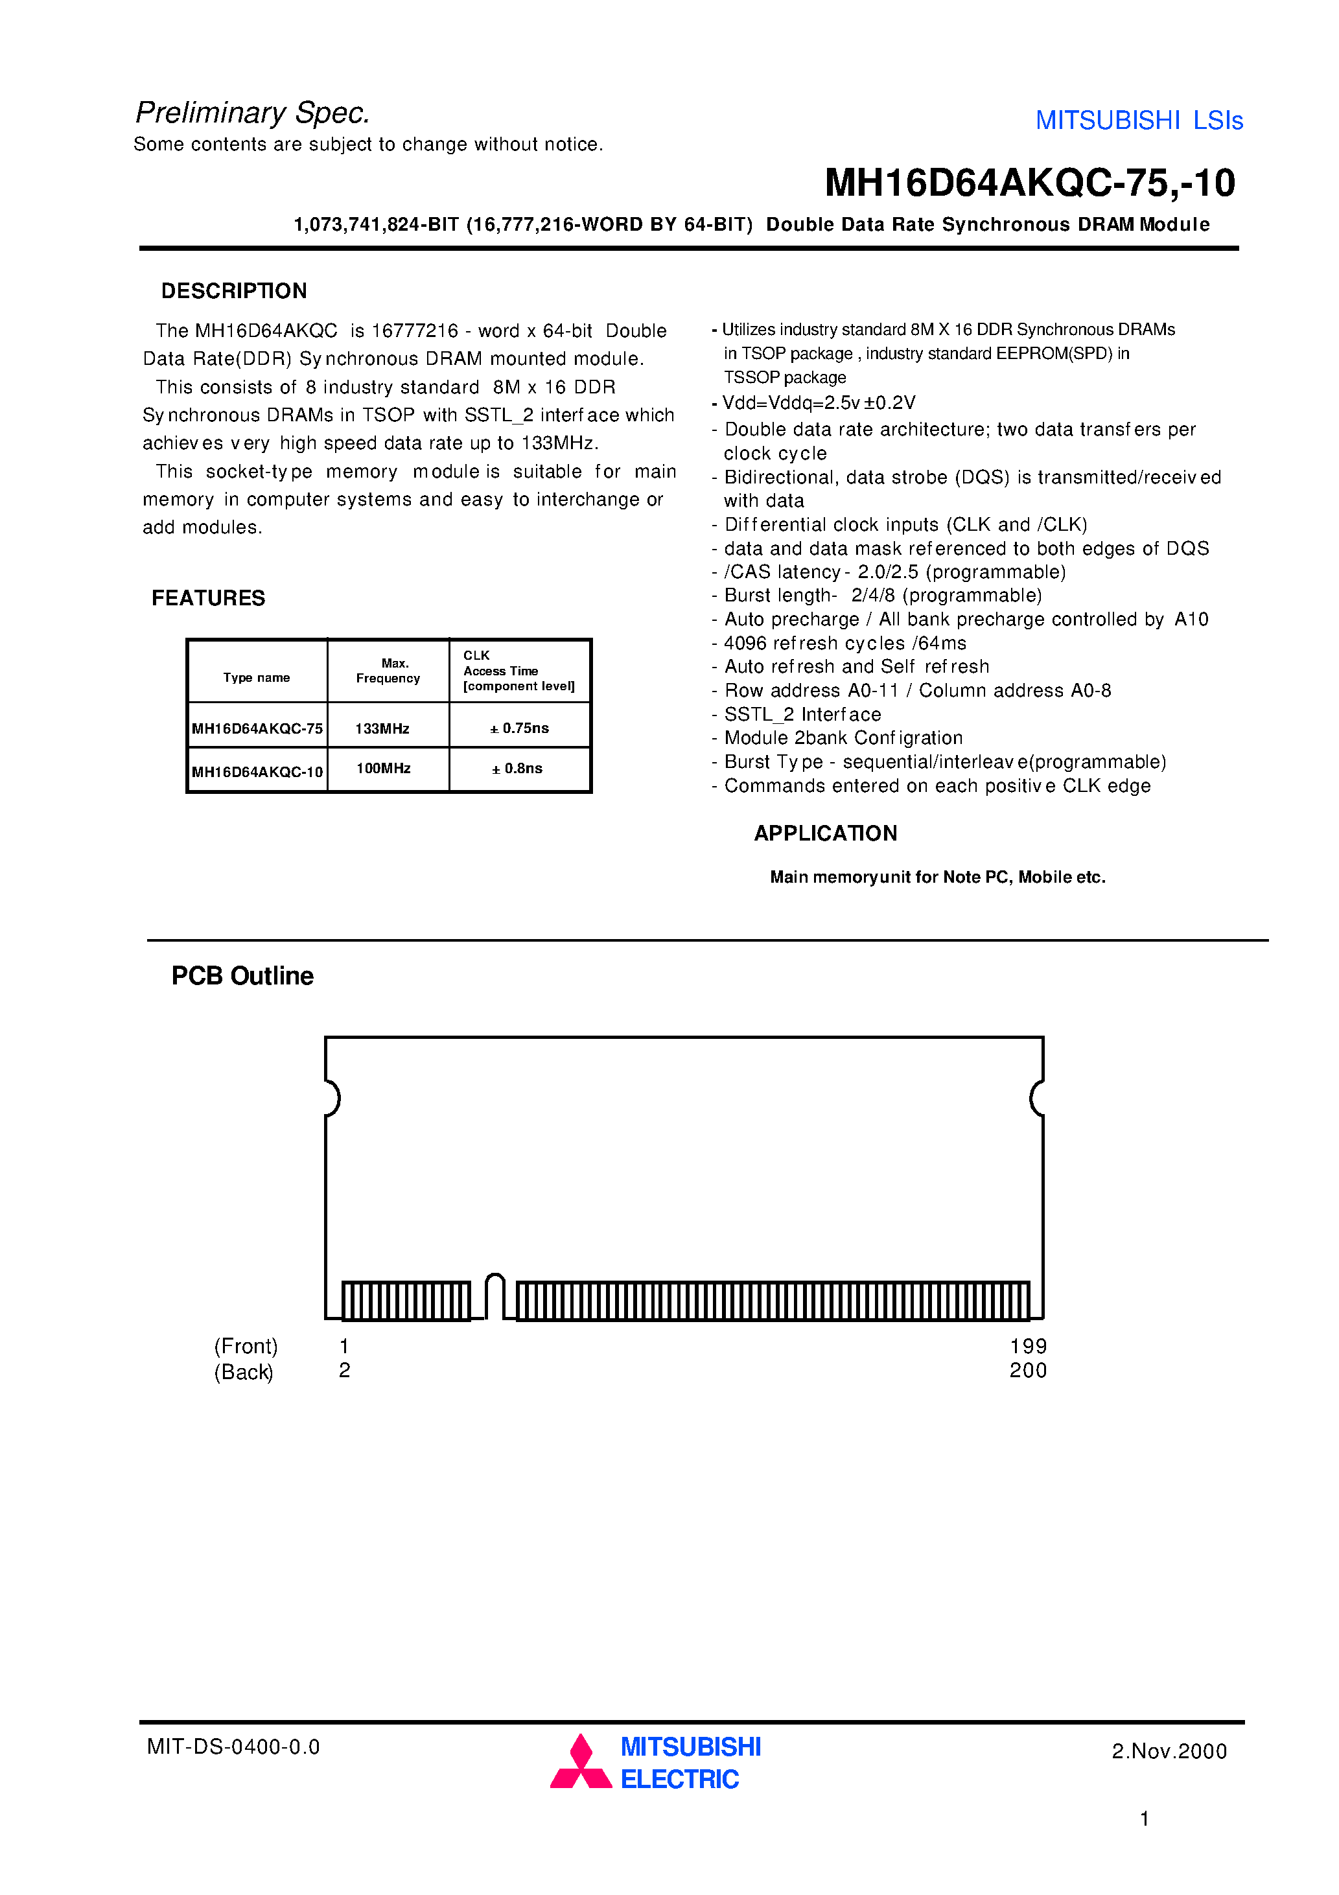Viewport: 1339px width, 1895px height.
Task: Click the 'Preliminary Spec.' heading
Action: coord(253,113)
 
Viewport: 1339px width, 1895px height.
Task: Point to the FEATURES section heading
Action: coord(208,598)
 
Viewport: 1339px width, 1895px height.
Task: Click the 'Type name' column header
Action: coord(256,678)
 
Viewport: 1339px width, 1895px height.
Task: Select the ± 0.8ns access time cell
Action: coord(518,769)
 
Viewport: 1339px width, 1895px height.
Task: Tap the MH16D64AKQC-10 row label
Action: coord(257,772)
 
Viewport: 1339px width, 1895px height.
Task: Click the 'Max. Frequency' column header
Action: coord(388,671)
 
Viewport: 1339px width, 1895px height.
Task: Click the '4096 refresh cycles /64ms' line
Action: coord(844,643)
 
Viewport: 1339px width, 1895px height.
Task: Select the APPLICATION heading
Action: coord(824,833)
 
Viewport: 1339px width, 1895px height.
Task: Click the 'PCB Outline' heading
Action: coord(242,977)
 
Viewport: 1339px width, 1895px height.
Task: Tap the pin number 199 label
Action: coord(1028,1346)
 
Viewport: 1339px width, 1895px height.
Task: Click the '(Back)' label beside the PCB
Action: coord(244,1372)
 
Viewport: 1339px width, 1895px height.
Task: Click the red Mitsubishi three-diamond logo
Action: coord(581,1762)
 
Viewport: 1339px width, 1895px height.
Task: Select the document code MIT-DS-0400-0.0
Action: coord(233,1747)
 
